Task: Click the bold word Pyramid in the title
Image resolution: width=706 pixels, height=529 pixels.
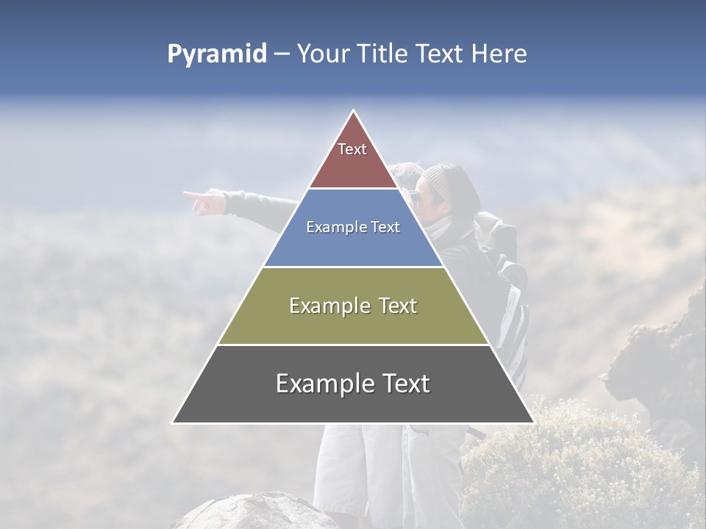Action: [x=216, y=54]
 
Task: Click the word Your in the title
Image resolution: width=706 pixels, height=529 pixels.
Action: [x=322, y=54]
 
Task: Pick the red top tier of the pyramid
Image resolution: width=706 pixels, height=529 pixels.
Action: [x=353, y=165]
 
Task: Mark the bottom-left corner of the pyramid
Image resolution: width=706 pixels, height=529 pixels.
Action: [x=174, y=422]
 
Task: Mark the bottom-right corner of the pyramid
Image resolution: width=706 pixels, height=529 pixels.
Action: [x=533, y=422]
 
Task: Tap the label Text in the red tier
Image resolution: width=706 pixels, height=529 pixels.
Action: [x=352, y=149]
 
